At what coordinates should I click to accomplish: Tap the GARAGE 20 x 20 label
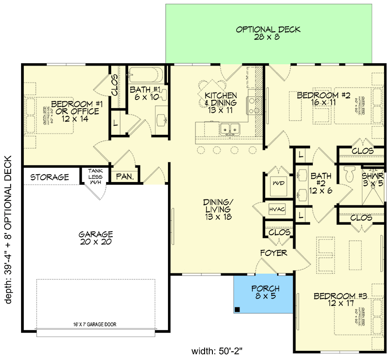click(x=95, y=238)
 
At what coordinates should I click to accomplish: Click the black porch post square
click(x=238, y=310)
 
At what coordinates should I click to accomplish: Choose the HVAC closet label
click(x=278, y=209)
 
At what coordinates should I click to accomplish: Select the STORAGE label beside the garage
click(x=50, y=177)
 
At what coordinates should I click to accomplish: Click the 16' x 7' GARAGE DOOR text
click(x=95, y=324)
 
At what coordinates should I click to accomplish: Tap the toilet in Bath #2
click(x=349, y=173)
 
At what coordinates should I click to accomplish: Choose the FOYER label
click(x=273, y=253)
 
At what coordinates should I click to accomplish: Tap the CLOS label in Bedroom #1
click(x=115, y=85)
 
